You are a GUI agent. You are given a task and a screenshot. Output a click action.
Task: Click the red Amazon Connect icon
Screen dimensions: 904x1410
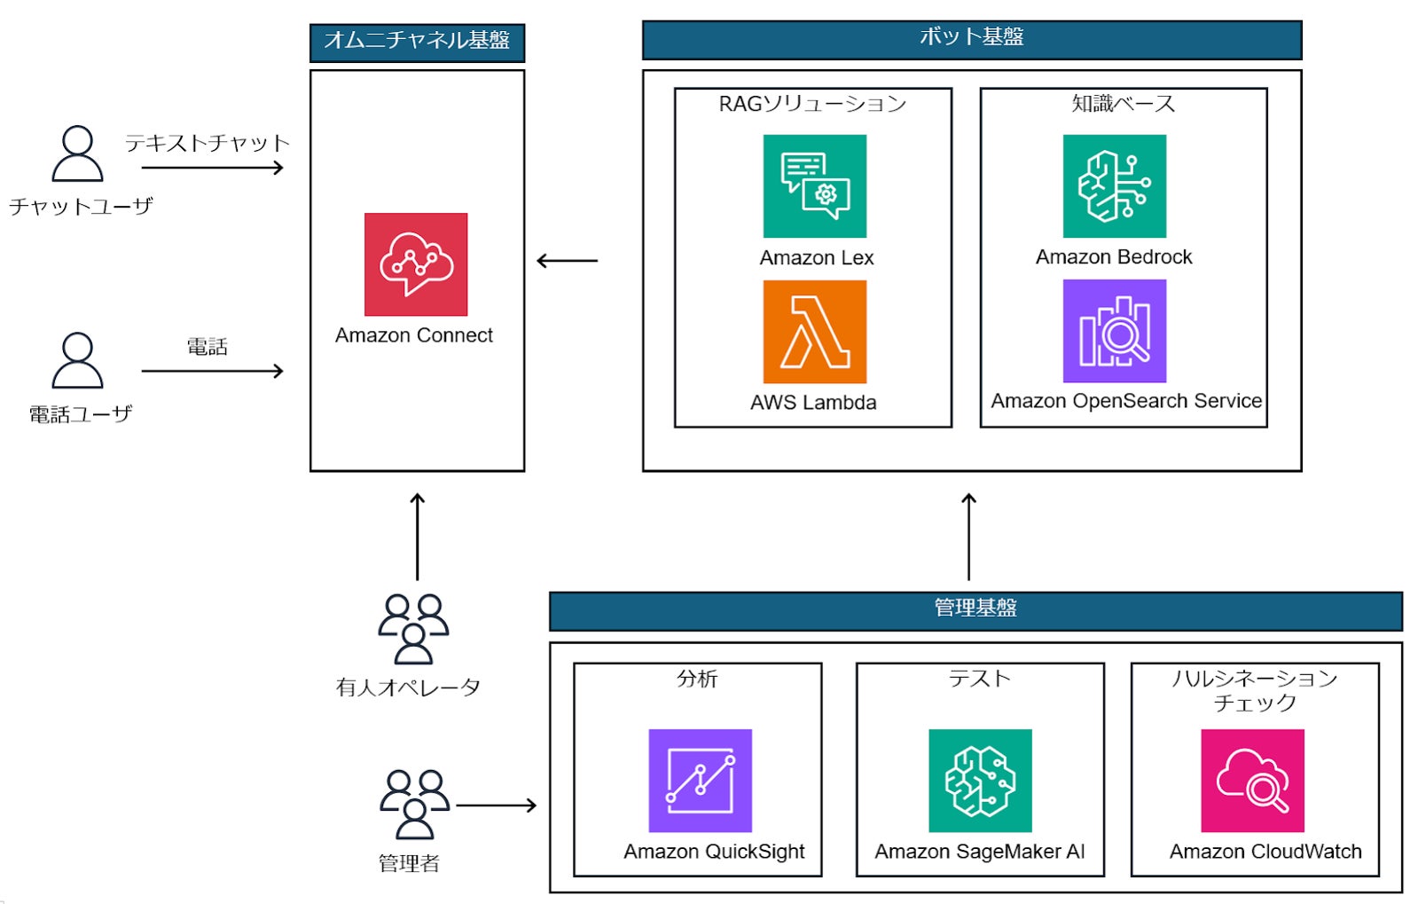tap(415, 264)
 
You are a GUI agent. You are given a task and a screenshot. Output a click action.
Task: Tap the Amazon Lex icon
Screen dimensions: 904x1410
tap(814, 186)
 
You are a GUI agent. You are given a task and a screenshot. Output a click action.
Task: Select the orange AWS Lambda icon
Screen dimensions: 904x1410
tap(814, 332)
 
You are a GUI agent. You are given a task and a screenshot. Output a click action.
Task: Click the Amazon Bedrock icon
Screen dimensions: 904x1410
tap(1114, 186)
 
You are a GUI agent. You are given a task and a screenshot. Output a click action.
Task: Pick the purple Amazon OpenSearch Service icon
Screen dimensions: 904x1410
tap(1114, 331)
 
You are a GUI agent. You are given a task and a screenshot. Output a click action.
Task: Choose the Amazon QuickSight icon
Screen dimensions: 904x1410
tap(700, 781)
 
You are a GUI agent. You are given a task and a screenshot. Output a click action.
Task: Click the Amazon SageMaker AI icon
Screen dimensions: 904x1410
tap(980, 781)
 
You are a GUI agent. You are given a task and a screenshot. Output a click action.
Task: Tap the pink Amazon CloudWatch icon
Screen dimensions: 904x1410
tap(1252, 781)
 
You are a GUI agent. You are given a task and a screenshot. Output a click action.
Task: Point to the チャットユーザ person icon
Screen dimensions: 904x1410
tap(78, 154)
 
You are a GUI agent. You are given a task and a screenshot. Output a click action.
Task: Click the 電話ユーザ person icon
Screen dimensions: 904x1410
tap(78, 361)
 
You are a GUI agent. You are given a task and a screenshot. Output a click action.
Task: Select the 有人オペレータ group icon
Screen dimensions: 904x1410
tap(413, 629)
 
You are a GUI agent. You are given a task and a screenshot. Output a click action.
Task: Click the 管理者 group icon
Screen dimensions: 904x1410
tap(414, 805)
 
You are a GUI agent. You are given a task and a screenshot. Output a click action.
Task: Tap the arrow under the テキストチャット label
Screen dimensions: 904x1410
tap(212, 168)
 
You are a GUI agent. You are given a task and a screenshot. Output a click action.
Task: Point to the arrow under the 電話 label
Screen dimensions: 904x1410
tap(212, 371)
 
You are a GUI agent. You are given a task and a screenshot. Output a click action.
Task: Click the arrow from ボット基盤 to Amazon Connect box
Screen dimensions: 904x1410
tap(568, 261)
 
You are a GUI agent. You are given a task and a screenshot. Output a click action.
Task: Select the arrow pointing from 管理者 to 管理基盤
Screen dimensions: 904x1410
tap(496, 806)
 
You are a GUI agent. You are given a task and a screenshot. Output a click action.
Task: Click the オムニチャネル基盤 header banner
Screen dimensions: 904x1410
tap(417, 42)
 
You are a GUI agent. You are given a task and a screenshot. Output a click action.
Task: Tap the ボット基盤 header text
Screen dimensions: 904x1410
tap(971, 37)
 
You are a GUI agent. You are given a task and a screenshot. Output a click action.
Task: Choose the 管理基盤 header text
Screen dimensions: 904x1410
tap(975, 609)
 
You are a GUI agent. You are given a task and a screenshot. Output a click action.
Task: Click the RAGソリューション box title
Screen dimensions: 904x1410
tap(812, 105)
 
